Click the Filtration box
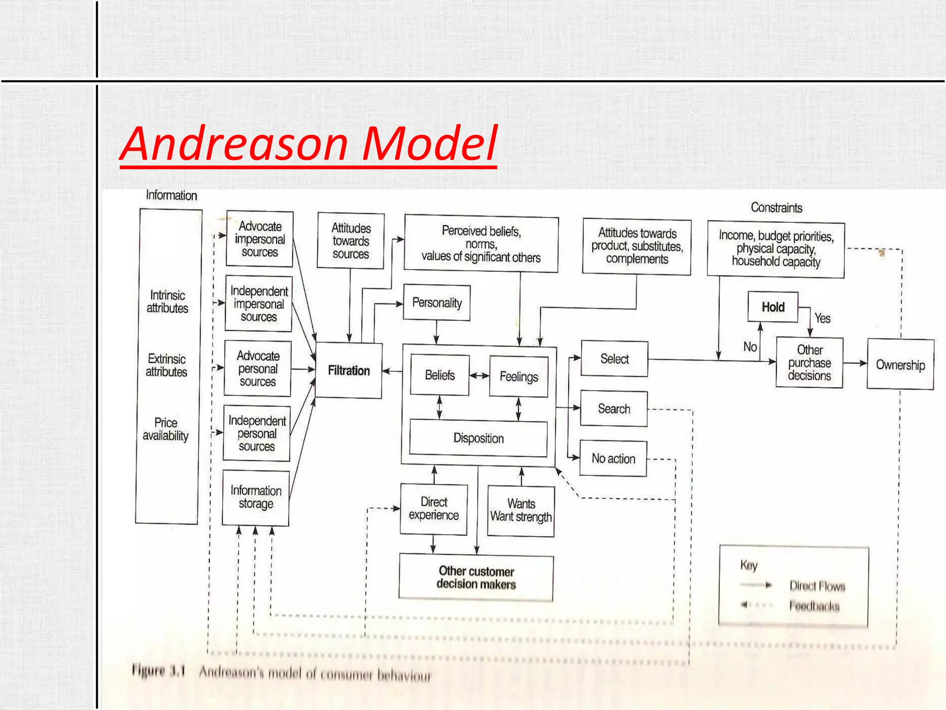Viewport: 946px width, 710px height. (x=349, y=370)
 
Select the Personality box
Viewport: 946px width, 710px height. (x=437, y=303)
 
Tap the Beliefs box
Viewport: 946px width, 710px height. (x=440, y=375)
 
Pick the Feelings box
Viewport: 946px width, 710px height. (x=519, y=377)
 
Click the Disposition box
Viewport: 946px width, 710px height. (x=479, y=438)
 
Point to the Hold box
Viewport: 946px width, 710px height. (x=773, y=307)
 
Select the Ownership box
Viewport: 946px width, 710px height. (x=900, y=365)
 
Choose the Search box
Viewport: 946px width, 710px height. (x=614, y=409)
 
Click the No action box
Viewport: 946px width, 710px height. (x=613, y=459)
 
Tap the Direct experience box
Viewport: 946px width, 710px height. (x=434, y=509)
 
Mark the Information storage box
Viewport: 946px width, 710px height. (x=256, y=497)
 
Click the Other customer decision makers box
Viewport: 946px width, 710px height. (x=476, y=578)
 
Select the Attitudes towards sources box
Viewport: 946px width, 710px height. (x=351, y=241)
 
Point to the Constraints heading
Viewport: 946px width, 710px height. (x=776, y=208)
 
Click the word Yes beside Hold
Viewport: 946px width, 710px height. (x=822, y=318)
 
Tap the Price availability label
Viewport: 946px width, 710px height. (x=166, y=429)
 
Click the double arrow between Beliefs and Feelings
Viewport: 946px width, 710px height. (x=479, y=376)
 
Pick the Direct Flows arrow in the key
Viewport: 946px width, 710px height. (x=756, y=585)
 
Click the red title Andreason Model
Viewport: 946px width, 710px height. (x=309, y=144)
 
